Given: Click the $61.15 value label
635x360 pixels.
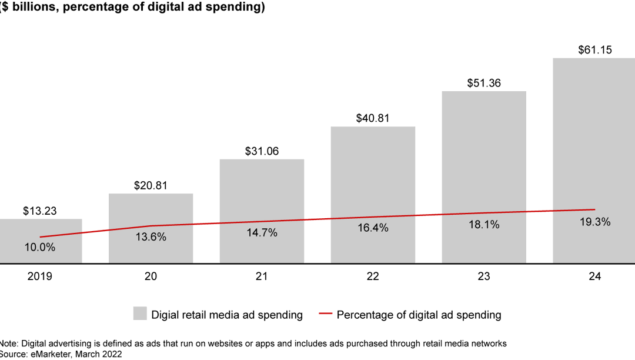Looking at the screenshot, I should (595, 50).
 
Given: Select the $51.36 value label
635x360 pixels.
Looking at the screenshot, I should (484, 83).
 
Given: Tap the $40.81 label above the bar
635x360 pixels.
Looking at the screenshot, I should (373, 118).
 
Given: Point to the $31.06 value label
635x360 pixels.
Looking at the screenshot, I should (262, 151).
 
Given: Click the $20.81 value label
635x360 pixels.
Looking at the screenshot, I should (151, 185).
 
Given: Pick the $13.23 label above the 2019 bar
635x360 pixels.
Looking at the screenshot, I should (40, 211).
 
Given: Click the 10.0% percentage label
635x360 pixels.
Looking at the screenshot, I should (40, 247).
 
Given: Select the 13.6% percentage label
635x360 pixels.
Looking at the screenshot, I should (151, 237).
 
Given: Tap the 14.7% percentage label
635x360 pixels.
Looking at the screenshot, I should (262, 232).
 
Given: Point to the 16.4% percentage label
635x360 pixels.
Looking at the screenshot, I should (373, 228).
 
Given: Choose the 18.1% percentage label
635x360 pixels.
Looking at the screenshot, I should (484, 224).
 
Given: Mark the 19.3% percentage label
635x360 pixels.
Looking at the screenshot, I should (595, 222).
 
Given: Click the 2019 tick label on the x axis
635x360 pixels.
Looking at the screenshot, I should (40, 276).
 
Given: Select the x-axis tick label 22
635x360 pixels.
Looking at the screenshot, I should (373, 276).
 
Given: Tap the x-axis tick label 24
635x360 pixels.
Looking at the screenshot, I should (595, 276).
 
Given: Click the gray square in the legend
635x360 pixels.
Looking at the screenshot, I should (140, 314).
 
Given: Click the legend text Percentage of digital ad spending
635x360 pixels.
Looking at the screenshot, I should (419, 315).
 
